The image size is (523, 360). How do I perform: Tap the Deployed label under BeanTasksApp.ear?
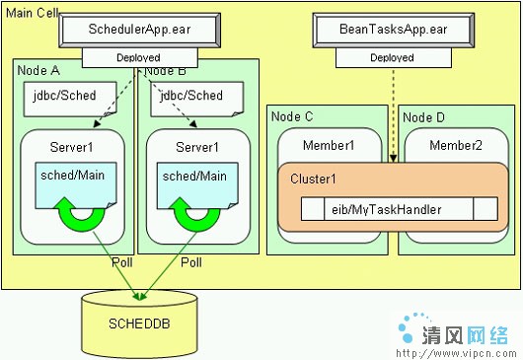[x=392, y=58]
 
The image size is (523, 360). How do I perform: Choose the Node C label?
[x=292, y=116]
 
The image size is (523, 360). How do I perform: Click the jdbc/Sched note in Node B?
[x=187, y=97]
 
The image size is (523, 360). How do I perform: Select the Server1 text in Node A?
[x=71, y=147]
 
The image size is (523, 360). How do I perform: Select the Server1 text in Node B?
[x=196, y=147]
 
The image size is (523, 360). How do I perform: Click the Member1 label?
[x=329, y=146]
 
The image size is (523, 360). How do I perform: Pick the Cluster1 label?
[x=313, y=180]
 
